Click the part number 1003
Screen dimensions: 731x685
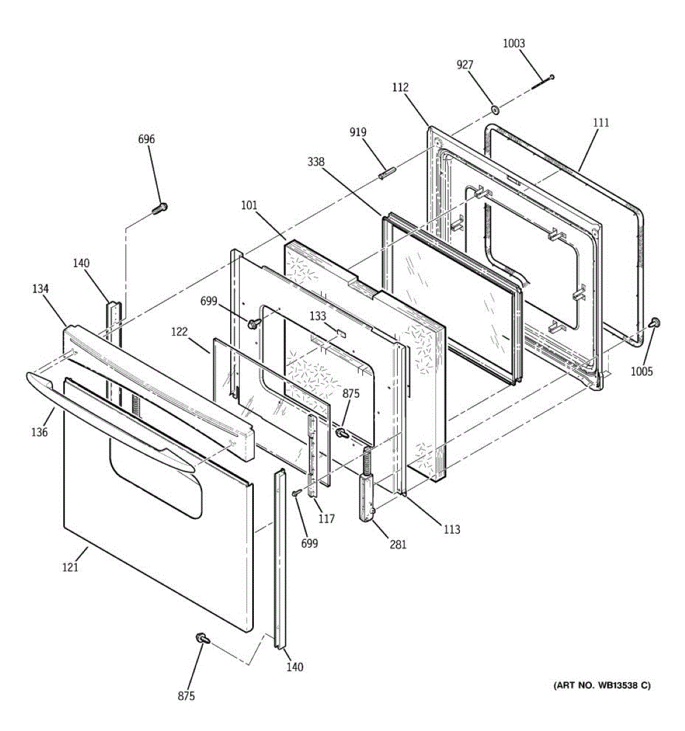(513, 43)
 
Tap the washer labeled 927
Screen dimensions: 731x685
(495, 110)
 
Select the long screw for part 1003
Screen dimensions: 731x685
(543, 82)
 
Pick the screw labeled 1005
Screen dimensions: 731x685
(655, 323)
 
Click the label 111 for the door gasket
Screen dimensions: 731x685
(600, 123)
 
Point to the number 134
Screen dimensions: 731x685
(40, 289)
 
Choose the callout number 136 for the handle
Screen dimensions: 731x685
(39, 433)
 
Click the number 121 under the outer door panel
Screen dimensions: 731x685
(70, 567)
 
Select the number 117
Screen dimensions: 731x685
(326, 518)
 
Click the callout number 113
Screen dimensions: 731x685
(451, 529)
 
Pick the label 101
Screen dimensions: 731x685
(248, 205)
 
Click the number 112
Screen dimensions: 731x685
(400, 88)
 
